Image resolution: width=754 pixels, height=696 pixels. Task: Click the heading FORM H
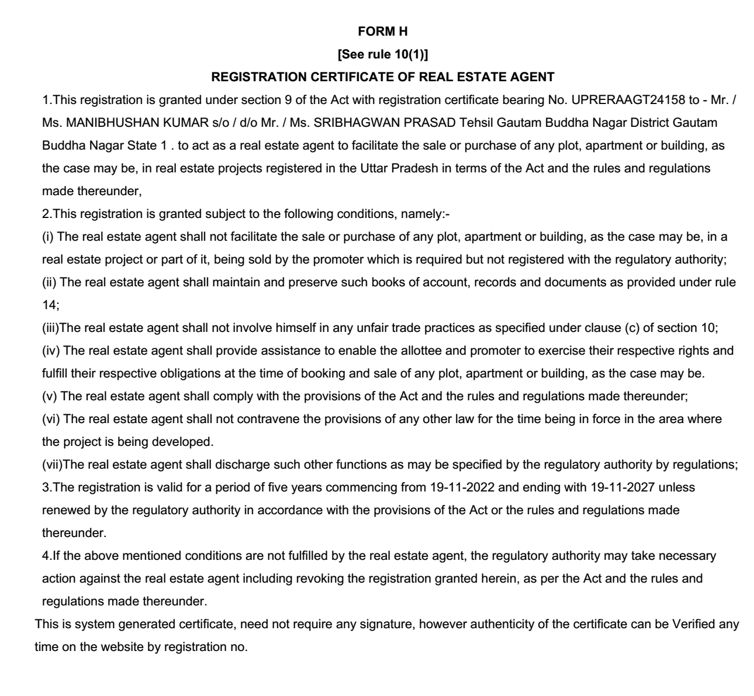tap(382, 32)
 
